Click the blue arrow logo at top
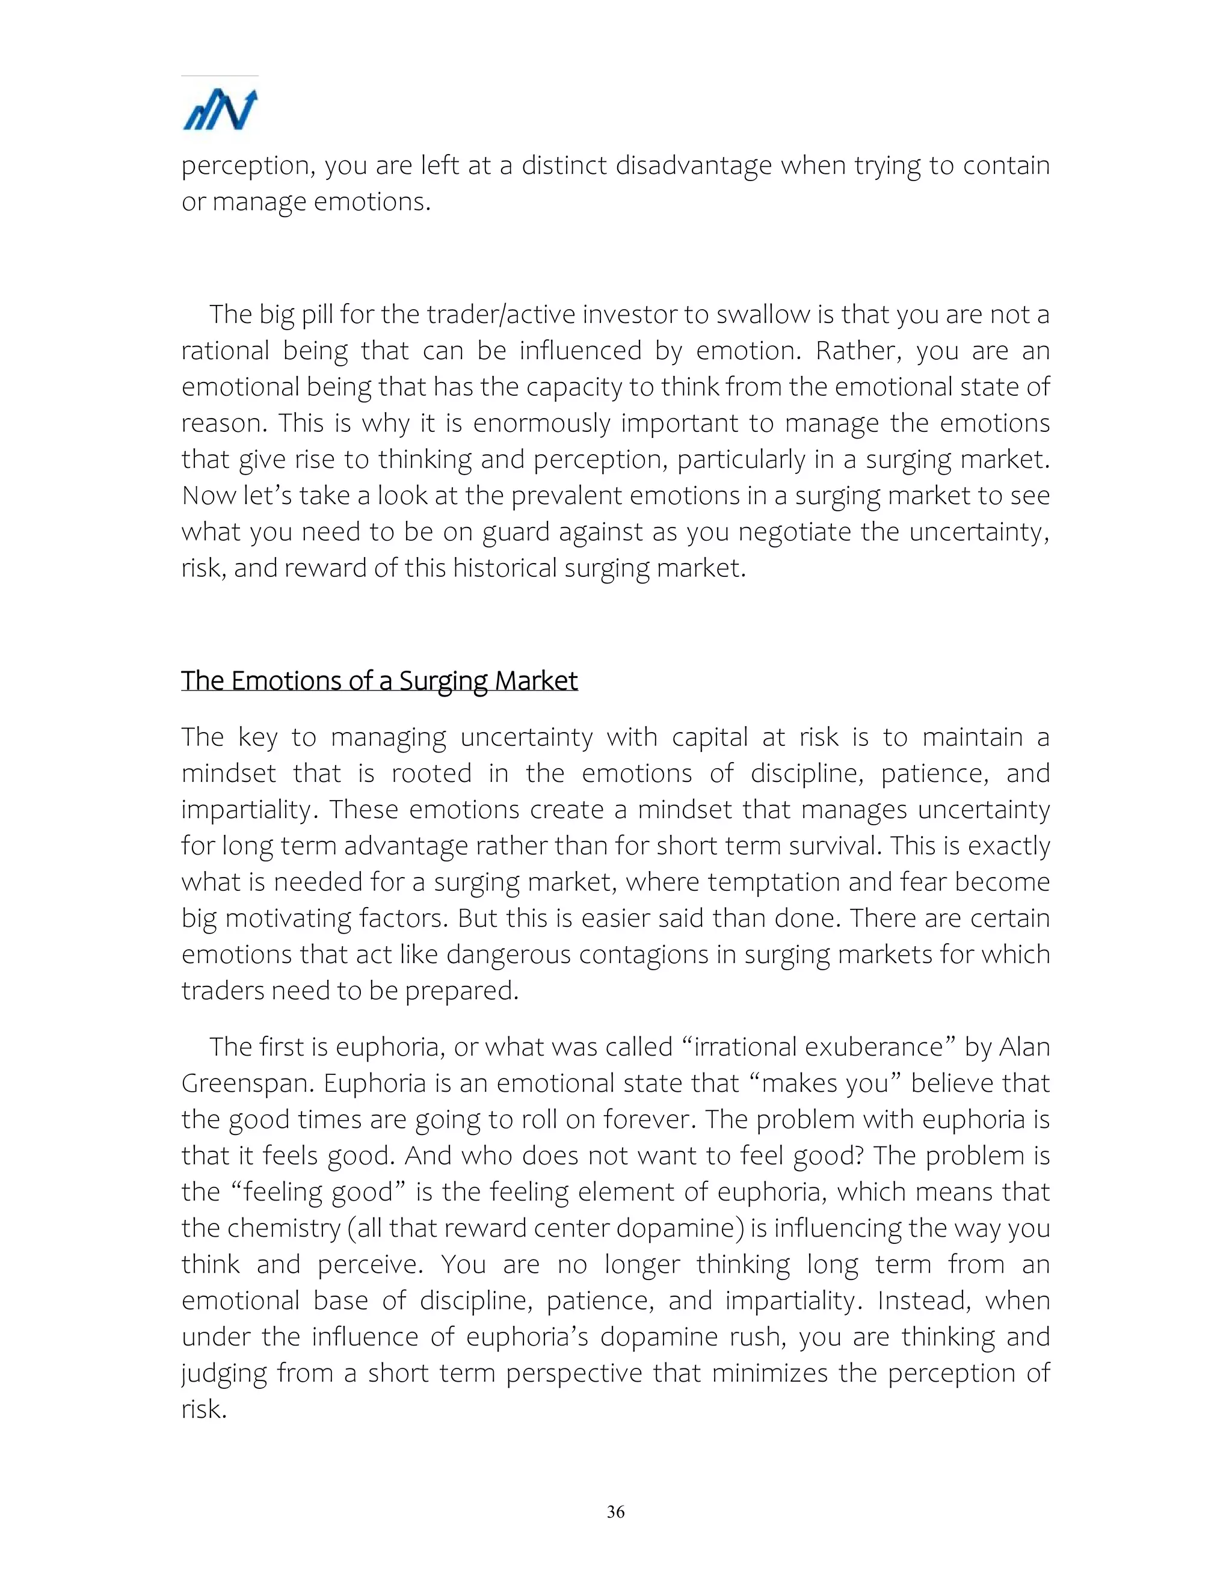[x=220, y=110]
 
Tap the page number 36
[x=615, y=1512]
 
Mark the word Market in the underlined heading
[x=536, y=680]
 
